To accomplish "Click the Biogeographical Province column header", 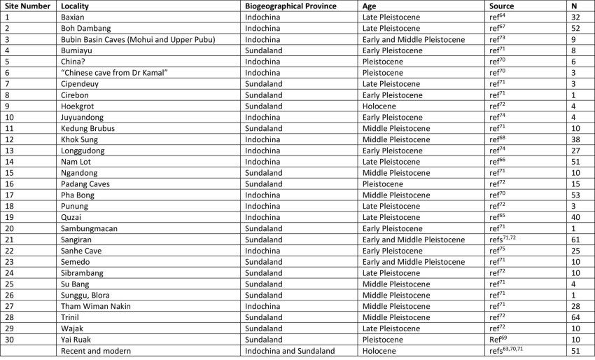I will (290, 6).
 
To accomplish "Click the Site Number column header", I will (27, 6).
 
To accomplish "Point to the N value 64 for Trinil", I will (575, 317).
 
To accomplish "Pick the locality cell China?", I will (74, 62).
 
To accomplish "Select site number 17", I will (10, 195).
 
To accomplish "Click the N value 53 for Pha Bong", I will (575, 195).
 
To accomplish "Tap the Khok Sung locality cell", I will (80, 139).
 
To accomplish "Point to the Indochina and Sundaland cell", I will (290, 351).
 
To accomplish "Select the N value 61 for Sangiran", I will (575, 240).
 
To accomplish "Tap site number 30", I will (10, 340).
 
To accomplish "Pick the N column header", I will (574, 6).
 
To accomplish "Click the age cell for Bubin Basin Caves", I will (413, 39).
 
